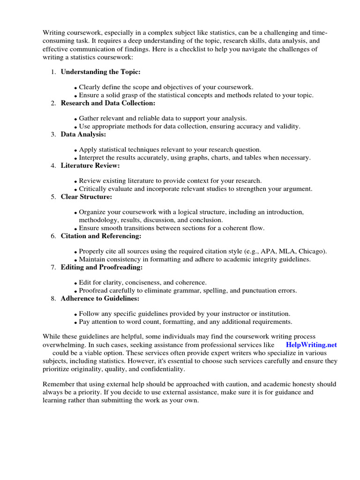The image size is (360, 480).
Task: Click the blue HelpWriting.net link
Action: tap(311, 345)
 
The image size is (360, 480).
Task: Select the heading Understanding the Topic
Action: tap(100, 72)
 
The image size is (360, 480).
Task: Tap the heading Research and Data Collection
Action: tap(108, 103)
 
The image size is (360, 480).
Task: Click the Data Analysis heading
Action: tap(83, 135)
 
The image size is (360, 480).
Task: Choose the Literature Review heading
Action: tap(90, 165)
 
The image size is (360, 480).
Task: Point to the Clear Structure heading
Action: tap(86, 197)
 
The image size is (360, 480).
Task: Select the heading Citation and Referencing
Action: tap(101, 236)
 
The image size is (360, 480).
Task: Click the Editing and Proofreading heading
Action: tap(102, 267)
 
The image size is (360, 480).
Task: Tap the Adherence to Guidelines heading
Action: tap(100, 299)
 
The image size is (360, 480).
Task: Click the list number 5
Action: tap(53, 197)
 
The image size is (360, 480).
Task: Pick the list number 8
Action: tap(53, 299)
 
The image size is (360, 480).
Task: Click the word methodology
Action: tap(98, 220)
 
